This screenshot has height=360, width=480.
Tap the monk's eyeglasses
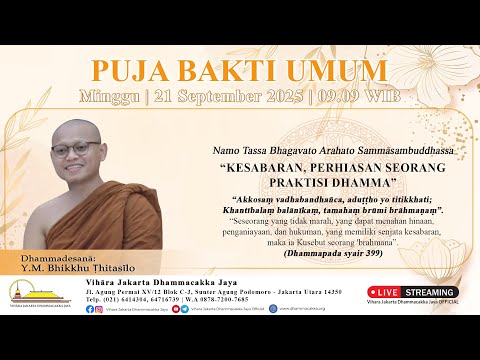pos(76,150)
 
